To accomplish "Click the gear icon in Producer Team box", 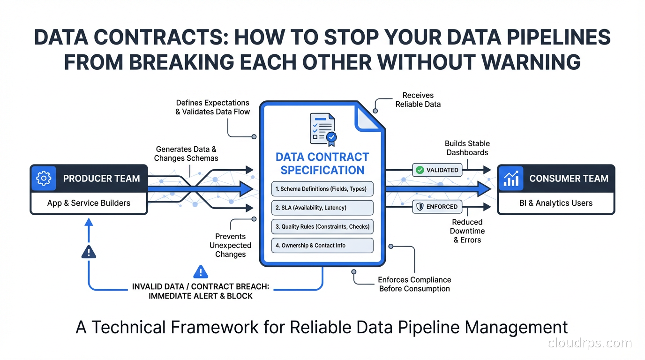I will pyautogui.click(x=44, y=178).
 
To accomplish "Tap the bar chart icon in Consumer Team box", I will pyautogui.click(x=510, y=178).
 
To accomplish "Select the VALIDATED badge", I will pyautogui.click(x=437, y=170).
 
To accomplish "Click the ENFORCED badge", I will pyautogui.click(x=437, y=207).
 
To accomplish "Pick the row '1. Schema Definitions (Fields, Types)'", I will pyautogui.click(x=322, y=189).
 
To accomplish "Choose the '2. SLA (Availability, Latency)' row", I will pyautogui.click(x=322, y=208).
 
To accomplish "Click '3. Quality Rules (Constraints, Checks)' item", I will pyautogui.click(x=322, y=226).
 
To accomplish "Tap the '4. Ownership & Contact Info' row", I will pyautogui.click(x=322, y=245).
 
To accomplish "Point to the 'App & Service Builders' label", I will pyautogui.click(x=89, y=203).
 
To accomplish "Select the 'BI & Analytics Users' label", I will pyautogui.click(x=556, y=203).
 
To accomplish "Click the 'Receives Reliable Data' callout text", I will pyautogui.click(x=418, y=100).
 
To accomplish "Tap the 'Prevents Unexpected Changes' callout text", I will pyautogui.click(x=230, y=245).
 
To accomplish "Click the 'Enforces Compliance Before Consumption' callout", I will pyautogui.click(x=414, y=284).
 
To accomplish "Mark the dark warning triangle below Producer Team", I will pyautogui.click(x=89, y=252).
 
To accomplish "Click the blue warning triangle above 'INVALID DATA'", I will pyautogui.click(x=201, y=271).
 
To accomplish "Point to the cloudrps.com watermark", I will pyautogui.click(x=590, y=343).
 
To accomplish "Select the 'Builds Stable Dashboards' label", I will pyautogui.click(x=467, y=148).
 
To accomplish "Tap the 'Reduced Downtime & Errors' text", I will pyautogui.click(x=467, y=231).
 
